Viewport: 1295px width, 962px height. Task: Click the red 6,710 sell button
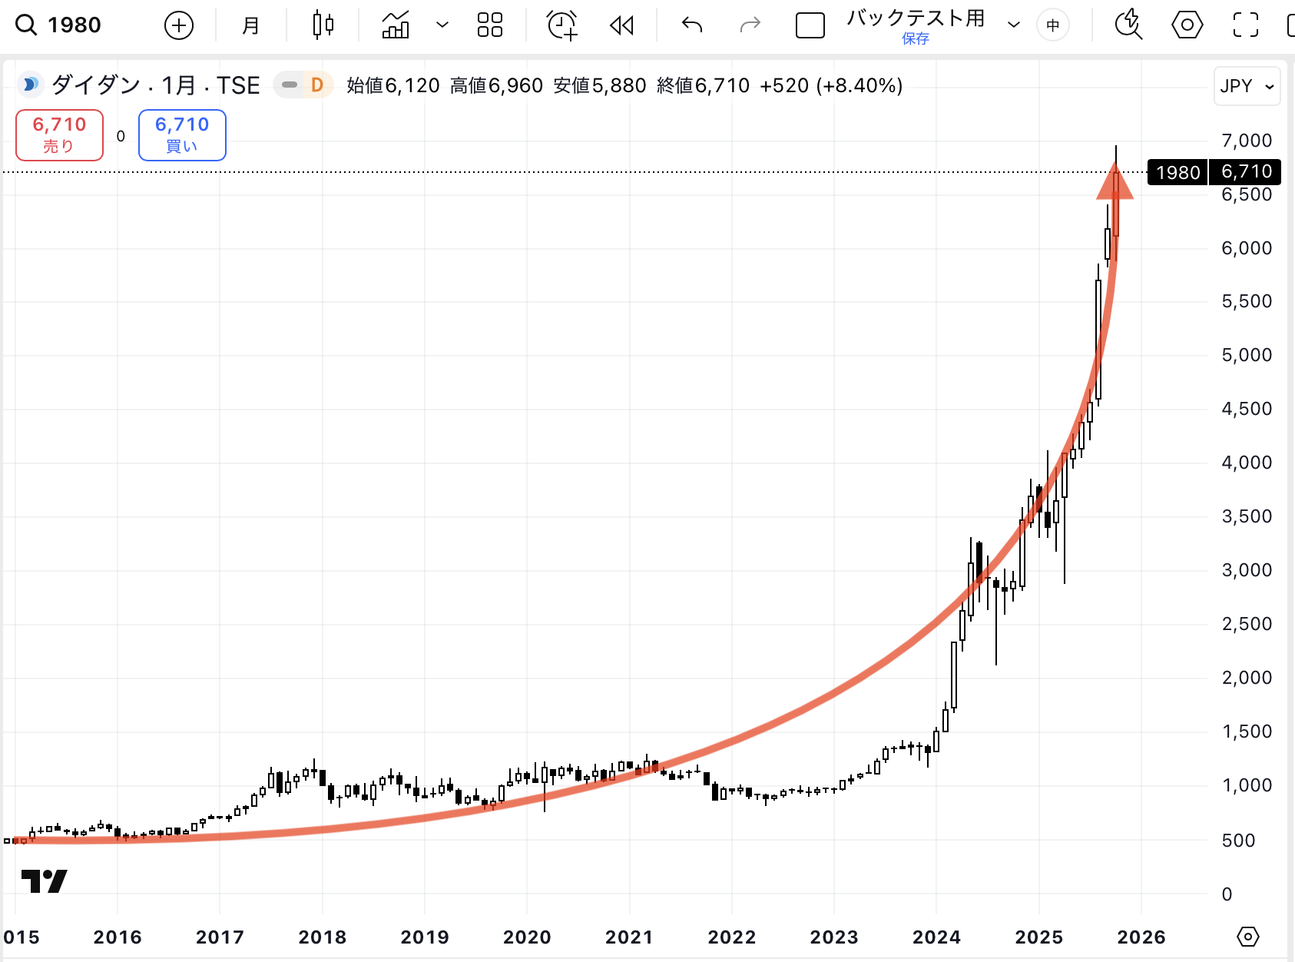pos(59,134)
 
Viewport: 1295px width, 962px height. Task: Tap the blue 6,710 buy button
pos(182,134)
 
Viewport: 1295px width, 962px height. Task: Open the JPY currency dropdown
pos(1247,86)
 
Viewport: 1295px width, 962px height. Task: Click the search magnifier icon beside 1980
pos(26,25)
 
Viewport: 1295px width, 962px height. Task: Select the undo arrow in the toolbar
pos(692,25)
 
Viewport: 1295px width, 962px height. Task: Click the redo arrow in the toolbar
pos(750,25)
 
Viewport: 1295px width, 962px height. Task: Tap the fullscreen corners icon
pos(1245,25)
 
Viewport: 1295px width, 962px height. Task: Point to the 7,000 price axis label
pos(1246,141)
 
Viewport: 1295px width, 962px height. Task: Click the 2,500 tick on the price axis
pos(1246,624)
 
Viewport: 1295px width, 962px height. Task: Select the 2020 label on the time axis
pos(527,937)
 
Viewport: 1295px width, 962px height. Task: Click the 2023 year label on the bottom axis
pos(834,937)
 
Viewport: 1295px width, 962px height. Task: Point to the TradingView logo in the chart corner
pos(44,881)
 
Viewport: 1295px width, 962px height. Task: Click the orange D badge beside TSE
pos(316,85)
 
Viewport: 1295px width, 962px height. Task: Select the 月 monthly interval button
pos(250,25)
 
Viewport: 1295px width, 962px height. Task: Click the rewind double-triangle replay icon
pos(621,25)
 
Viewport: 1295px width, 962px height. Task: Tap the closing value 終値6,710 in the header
pos(703,85)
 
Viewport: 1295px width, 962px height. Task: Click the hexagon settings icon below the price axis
pos(1248,937)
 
